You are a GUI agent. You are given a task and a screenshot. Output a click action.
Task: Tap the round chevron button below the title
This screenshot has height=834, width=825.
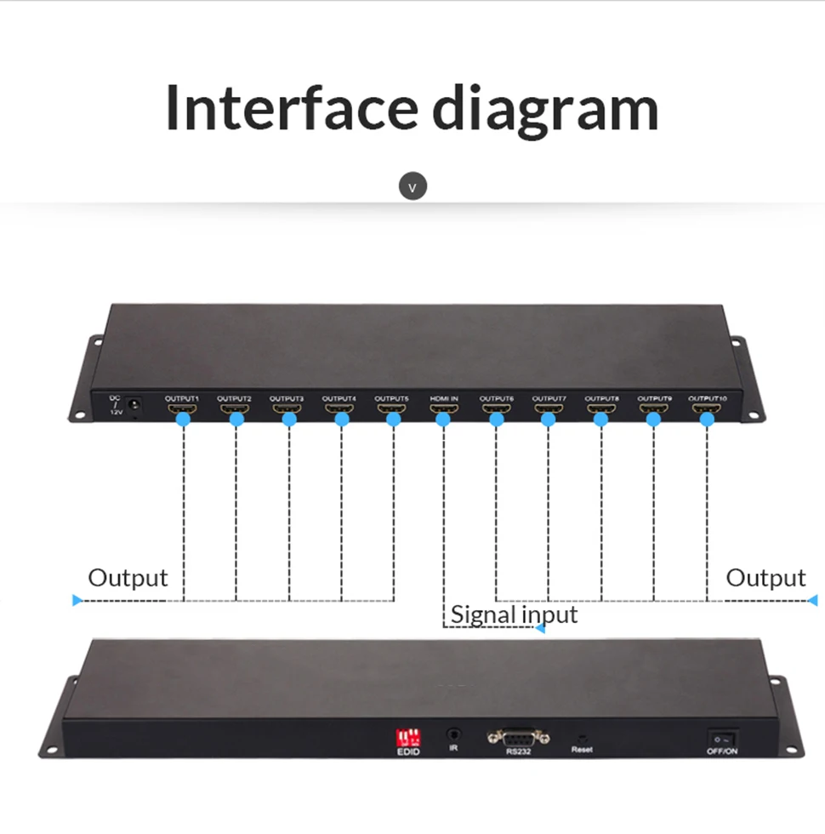[412, 186]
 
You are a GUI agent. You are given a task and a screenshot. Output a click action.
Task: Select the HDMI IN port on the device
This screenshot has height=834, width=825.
[443, 409]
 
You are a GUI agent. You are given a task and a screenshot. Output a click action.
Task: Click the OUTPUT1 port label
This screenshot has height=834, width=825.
[181, 397]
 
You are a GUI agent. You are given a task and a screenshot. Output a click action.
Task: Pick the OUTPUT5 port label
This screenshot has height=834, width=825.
[391, 397]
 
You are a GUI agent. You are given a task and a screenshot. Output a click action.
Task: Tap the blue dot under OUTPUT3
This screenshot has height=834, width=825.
[289, 420]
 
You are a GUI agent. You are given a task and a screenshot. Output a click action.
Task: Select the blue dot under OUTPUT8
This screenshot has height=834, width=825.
[601, 420]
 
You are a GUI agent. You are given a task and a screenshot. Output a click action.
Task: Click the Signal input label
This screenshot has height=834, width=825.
[514, 614]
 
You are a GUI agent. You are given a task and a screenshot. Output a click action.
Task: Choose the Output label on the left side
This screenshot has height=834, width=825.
[128, 579]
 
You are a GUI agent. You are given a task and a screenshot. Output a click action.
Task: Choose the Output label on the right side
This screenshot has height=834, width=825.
[765, 579]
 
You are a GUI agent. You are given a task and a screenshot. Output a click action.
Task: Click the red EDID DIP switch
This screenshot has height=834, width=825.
[407, 736]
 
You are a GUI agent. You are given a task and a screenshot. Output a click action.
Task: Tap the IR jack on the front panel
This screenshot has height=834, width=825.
[454, 733]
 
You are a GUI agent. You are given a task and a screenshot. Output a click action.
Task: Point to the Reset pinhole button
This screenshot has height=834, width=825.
[582, 736]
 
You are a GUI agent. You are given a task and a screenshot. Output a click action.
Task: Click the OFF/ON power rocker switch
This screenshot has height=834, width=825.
[721, 737]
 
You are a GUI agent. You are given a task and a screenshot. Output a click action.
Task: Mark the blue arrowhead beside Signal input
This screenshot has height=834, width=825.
[538, 628]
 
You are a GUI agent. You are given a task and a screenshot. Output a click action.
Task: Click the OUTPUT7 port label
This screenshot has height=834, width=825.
[549, 397]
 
